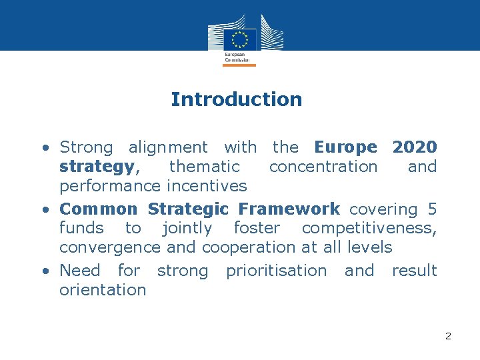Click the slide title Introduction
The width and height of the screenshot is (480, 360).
[236, 99]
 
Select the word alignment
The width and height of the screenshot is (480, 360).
[168, 147]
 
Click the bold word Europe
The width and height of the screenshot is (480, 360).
[345, 147]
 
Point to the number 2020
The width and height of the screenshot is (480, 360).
[415, 147]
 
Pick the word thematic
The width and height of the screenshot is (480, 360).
[204, 166]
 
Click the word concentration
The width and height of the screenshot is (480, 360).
[323, 166]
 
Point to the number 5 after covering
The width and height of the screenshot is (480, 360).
[433, 209]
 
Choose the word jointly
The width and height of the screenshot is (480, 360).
[187, 228]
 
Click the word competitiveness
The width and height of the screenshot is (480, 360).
[369, 228]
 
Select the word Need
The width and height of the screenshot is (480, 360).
[80, 271]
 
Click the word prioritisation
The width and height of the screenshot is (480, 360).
[277, 271]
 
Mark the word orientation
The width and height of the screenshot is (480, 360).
[103, 290]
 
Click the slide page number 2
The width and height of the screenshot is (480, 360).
[448, 336]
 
